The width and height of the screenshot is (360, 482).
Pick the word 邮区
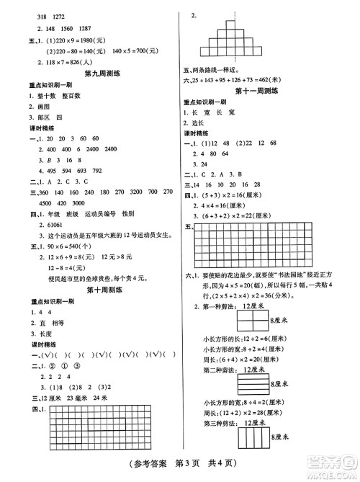point(42,115)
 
